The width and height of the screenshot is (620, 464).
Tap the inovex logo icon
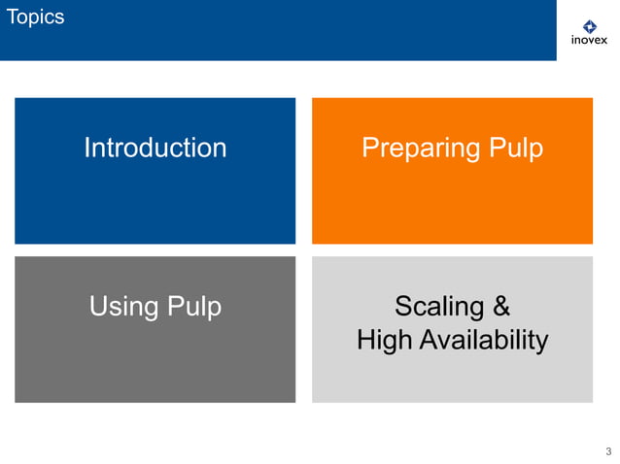[x=589, y=26]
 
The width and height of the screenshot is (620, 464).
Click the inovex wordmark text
[x=589, y=42]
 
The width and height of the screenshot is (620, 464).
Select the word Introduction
[x=155, y=148]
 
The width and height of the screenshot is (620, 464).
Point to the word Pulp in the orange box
[x=515, y=148]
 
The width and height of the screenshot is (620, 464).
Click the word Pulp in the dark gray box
[x=193, y=307]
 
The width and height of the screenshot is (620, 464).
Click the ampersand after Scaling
[x=501, y=307]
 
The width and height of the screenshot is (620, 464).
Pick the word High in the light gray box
[x=384, y=341]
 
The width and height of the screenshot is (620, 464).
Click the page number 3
[x=608, y=451]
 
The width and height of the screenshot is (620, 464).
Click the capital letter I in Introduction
[x=86, y=148]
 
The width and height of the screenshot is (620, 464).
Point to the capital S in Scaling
[x=402, y=307]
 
